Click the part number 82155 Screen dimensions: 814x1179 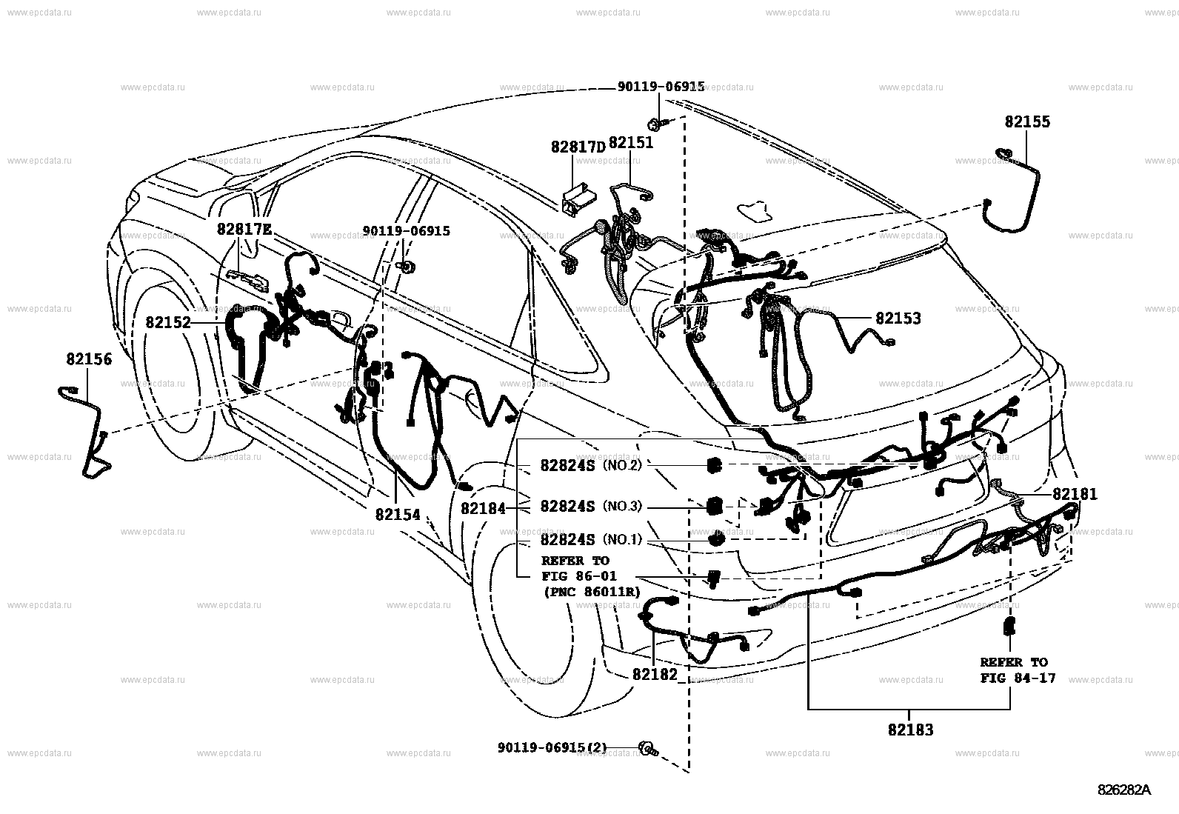[x=1026, y=122]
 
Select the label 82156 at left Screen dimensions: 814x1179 [x=89, y=360]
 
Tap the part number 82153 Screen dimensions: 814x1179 [x=898, y=318]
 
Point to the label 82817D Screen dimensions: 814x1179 [x=578, y=147]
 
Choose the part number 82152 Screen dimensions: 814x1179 [x=168, y=323]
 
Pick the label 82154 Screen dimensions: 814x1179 [x=397, y=514]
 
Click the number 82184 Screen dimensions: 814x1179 [x=483, y=509]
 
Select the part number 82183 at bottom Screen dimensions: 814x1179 [x=910, y=730]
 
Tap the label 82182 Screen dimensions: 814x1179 [x=655, y=675]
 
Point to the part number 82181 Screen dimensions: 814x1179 [x=1075, y=494]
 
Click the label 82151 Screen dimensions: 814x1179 [x=631, y=143]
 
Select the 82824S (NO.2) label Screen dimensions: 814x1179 [x=590, y=465]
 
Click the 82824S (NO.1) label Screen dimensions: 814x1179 [x=590, y=540]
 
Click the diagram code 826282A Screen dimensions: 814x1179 [x=1124, y=790]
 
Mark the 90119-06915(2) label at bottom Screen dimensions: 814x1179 [x=552, y=748]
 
